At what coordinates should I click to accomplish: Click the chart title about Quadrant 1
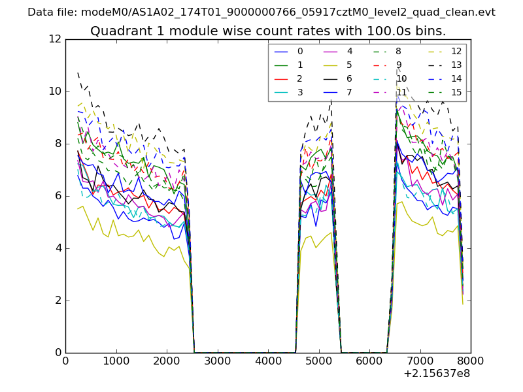(268, 31)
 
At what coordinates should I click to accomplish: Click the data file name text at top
(261, 12)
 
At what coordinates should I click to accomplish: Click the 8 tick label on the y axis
(58, 144)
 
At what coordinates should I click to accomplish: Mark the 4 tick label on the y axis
(58, 248)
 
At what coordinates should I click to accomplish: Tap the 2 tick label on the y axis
(58, 301)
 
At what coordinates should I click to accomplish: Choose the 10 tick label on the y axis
(55, 91)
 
